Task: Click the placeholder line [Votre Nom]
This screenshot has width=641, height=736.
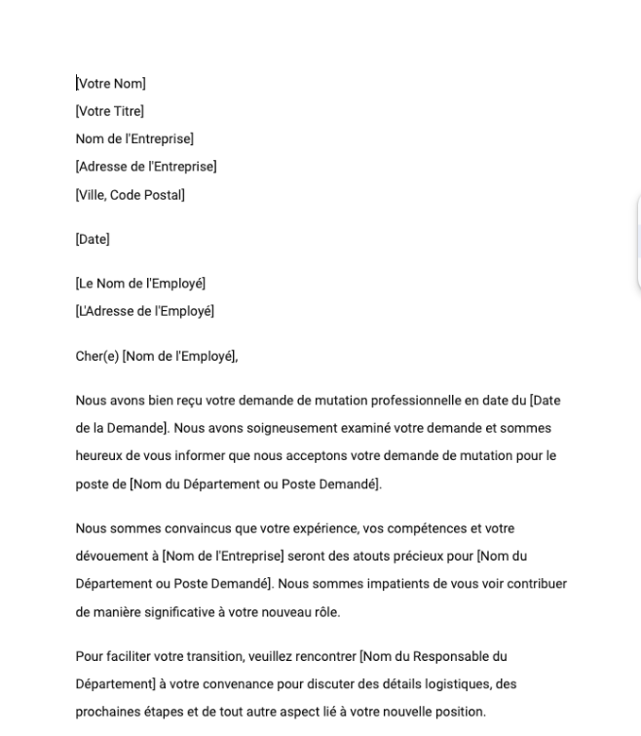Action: click(x=111, y=84)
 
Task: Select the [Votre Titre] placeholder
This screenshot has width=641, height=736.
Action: click(x=110, y=111)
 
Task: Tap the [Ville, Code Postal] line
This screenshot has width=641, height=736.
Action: click(x=131, y=194)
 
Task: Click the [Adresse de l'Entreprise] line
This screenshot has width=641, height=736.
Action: click(x=146, y=167)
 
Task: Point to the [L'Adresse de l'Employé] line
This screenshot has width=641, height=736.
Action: click(x=145, y=311)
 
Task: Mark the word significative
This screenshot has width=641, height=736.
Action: click(x=173, y=611)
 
